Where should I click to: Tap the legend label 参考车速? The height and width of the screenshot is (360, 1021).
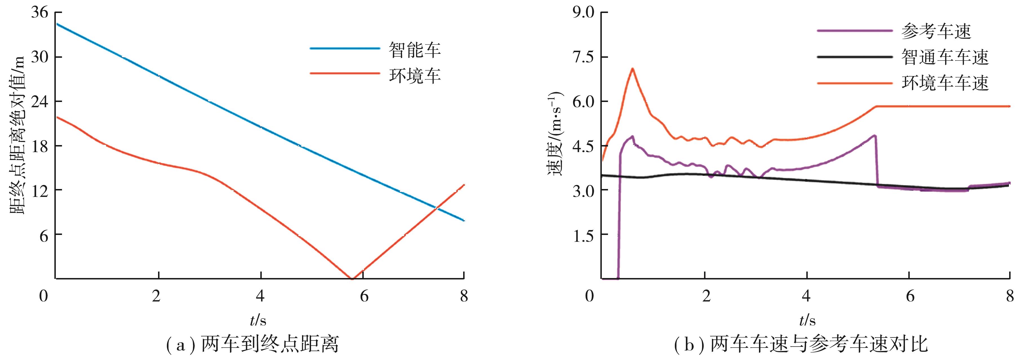(x=936, y=31)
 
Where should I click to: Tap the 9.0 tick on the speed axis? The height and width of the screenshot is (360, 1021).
(x=583, y=13)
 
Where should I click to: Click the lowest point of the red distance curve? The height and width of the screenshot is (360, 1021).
(x=351, y=278)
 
